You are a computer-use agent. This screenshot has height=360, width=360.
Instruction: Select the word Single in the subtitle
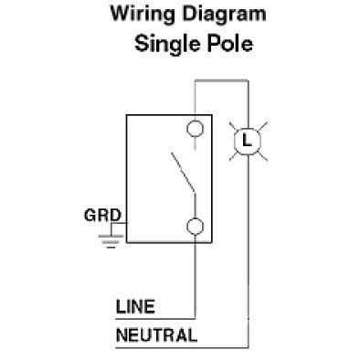165,43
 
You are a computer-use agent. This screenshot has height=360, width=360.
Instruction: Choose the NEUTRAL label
156,334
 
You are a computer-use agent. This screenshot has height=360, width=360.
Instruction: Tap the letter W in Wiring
118,14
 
